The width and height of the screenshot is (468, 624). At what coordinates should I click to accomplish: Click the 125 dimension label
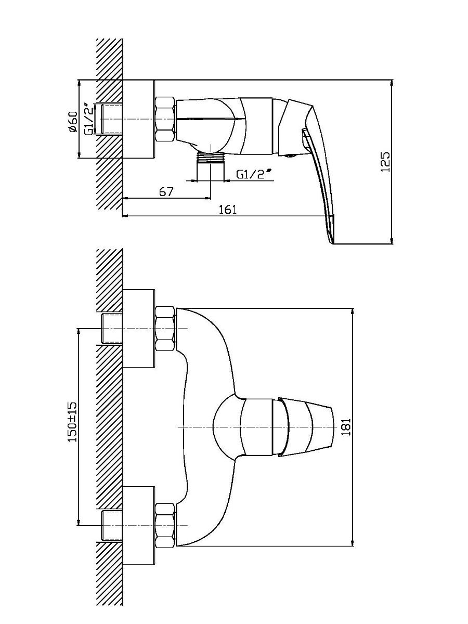386,162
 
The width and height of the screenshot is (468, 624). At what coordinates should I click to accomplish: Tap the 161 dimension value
228,210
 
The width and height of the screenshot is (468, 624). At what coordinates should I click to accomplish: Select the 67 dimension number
166,191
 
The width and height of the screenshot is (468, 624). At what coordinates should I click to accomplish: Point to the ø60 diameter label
73,122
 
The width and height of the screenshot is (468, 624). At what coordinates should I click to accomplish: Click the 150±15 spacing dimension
72,422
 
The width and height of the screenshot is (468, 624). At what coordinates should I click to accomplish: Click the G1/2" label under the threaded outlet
254,174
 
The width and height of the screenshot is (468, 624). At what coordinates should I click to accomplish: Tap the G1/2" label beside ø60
89,120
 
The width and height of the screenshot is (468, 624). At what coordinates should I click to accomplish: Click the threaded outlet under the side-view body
211,166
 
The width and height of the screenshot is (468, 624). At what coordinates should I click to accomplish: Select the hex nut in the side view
165,119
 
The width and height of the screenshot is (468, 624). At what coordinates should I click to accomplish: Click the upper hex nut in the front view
165,329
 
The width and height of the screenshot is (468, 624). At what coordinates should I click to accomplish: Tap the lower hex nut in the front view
165,525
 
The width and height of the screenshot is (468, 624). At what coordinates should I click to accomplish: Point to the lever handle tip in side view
332,242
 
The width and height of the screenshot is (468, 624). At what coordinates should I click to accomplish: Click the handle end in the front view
331,427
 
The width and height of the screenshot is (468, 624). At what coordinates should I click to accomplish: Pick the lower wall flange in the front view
139,525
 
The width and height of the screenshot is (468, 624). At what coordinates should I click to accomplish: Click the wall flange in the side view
139,119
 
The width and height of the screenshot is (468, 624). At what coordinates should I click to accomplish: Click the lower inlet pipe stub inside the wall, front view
112,525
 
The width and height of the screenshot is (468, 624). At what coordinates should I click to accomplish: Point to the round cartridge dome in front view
227,427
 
